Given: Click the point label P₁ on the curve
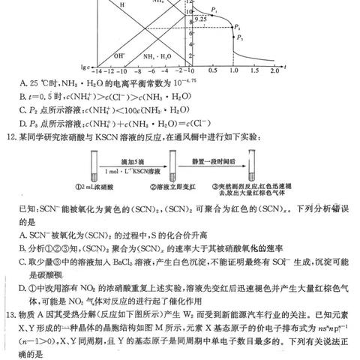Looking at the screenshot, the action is (214, 9).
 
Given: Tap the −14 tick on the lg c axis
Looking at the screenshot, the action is (98, 70).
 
